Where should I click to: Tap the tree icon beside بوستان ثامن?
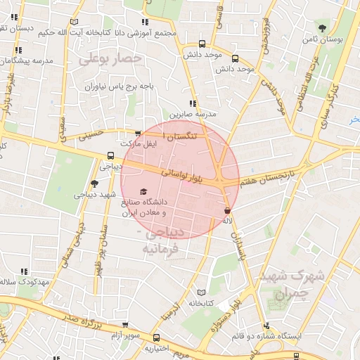click(322, 28)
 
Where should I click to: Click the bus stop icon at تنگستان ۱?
click(138, 133)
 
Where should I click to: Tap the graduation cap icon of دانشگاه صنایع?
click(144, 192)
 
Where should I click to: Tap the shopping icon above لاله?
click(226, 210)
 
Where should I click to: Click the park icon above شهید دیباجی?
click(95, 183)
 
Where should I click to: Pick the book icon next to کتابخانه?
click(202, 292)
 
